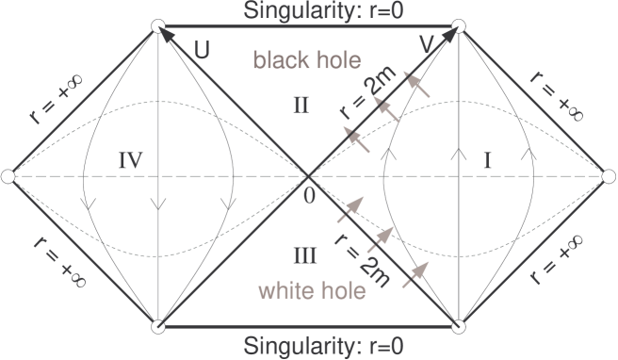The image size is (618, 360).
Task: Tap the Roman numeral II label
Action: pyautogui.click(x=299, y=105)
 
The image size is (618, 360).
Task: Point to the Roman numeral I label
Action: pyautogui.click(x=487, y=161)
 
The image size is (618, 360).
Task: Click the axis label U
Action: pyautogui.click(x=202, y=48)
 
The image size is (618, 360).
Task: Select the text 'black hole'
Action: pyautogui.click(x=306, y=61)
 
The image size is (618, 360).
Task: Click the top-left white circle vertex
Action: pyautogui.click(x=158, y=27)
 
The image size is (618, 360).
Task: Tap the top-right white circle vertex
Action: pyautogui.click(x=460, y=27)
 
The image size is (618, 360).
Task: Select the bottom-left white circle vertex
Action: pyautogui.click(x=158, y=326)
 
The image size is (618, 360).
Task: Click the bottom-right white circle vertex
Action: pyautogui.click(x=460, y=326)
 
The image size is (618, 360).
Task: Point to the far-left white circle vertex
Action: pyautogui.click(x=8, y=176)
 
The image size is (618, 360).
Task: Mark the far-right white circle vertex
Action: pyautogui.click(x=610, y=176)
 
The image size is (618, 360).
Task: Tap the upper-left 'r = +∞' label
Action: pyautogui.click(x=52, y=103)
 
